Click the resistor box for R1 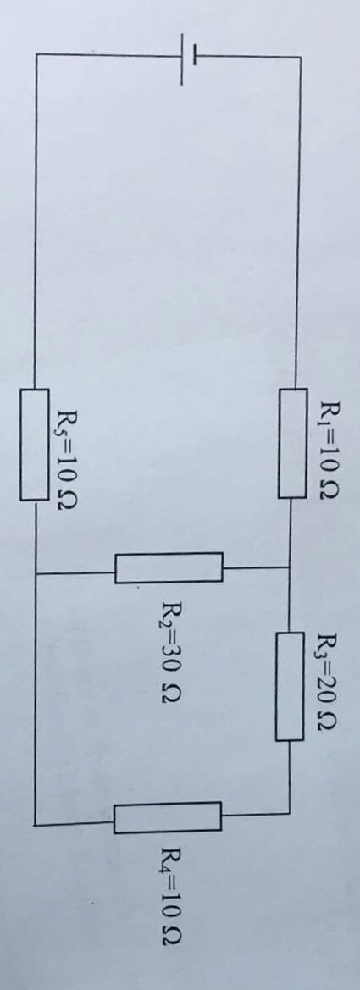[x=292, y=443]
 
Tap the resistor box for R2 [x=169, y=567]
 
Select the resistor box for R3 [x=289, y=686]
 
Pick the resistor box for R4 [x=168, y=817]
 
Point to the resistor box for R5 [x=34, y=445]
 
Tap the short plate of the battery [x=195, y=55]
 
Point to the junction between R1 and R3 [x=290, y=567]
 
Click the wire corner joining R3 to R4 [x=290, y=813]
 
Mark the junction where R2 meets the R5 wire [x=36, y=574]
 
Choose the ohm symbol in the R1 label [x=330, y=490]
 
